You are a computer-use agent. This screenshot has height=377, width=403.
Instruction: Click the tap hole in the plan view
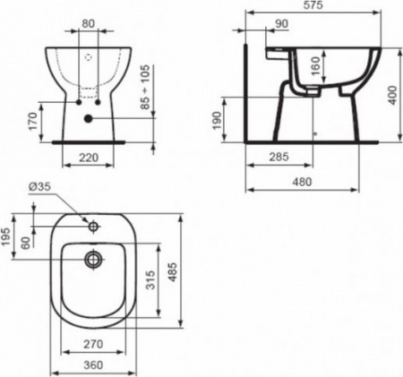[91, 223]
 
